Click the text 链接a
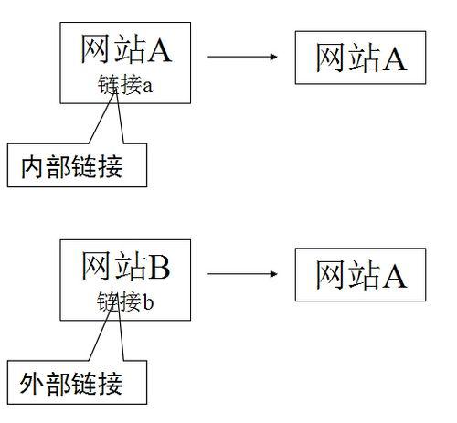click(x=125, y=84)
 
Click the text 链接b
click(x=125, y=301)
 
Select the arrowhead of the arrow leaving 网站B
click(x=273, y=274)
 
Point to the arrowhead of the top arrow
click(x=273, y=57)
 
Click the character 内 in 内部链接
click(x=32, y=166)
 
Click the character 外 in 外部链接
click(x=32, y=384)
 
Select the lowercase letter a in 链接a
click(x=147, y=87)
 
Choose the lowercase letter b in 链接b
click(x=148, y=302)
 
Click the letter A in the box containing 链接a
click(x=160, y=50)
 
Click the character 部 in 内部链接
click(x=58, y=166)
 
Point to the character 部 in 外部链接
click(x=58, y=384)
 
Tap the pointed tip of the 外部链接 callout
click(x=116, y=304)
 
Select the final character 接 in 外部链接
click(x=111, y=384)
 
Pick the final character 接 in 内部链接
click(x=111, y=166)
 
